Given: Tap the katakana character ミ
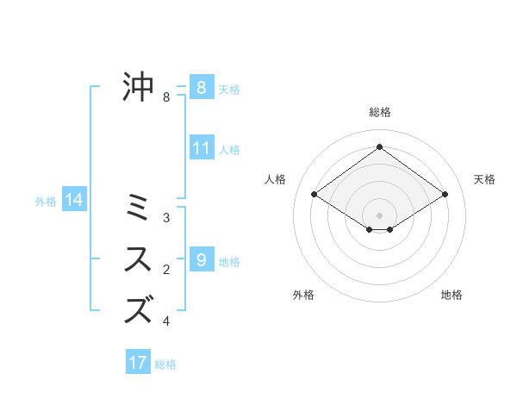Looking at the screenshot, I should click(139, 208).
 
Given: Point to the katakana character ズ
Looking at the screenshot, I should click(139, 309).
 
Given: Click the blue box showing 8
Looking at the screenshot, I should click(201, 87).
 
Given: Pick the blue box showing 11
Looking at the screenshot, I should click(201, 148).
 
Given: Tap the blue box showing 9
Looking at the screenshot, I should click(201, 259).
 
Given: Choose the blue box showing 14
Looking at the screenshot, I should click(74, 200).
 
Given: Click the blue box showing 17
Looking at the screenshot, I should click(138, 363).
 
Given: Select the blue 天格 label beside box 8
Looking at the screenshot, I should click(229, 89).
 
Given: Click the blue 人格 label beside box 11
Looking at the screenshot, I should click(229, 150).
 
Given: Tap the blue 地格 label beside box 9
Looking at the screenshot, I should click(229, 261).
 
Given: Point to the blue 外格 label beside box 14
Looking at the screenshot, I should click(46, 202).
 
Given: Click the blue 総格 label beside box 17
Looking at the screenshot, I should click(165, 364).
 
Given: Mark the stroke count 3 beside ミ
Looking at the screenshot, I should click(166, 218).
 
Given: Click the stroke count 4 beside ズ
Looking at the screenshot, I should click(166, 321).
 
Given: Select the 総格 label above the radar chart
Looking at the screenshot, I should click(379, 112).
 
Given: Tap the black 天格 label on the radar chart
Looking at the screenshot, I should click(484, 179).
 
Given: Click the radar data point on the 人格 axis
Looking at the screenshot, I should click(315, 195).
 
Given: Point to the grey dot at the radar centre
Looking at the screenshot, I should click(379, 215).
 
